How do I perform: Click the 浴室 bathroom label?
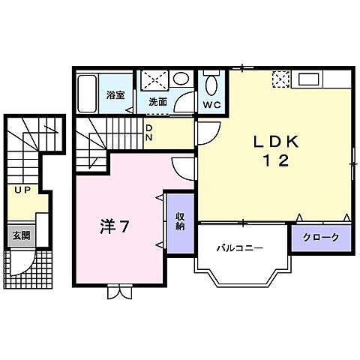click(x=115, y=95)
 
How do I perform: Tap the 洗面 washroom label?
click(x=157, y=101)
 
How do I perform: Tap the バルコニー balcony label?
click(x=239, y=247)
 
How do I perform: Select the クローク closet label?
click(x=321, y=238)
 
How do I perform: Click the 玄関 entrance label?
click(x=19, y=235)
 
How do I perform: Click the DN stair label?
click(x=149, y=133)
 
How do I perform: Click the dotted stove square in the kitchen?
click(x=280, y=78)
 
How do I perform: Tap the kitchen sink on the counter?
click(x=310, y=77)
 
